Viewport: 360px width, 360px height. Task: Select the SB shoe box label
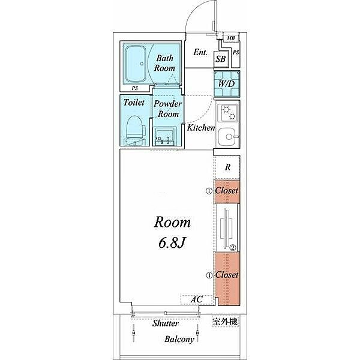point(221,59)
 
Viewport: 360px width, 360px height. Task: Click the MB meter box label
point(231,38)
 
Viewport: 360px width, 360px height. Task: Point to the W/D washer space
point(227,84)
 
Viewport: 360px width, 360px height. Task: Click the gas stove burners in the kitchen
point(230,113)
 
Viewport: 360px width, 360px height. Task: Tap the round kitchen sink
point(228,137)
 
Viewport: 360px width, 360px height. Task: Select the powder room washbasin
point(164,136)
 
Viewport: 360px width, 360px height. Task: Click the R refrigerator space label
point(227,167)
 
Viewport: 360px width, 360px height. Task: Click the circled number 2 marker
point(233,248)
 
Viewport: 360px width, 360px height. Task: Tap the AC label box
point(197,299)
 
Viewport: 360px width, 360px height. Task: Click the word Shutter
point(166,323)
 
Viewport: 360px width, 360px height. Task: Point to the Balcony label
point(179,340)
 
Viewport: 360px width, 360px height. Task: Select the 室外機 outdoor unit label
point(225,322)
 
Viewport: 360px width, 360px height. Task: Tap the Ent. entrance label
point(200,52)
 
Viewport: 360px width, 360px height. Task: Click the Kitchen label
point(201,128)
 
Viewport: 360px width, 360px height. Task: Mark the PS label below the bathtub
point(135,88)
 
